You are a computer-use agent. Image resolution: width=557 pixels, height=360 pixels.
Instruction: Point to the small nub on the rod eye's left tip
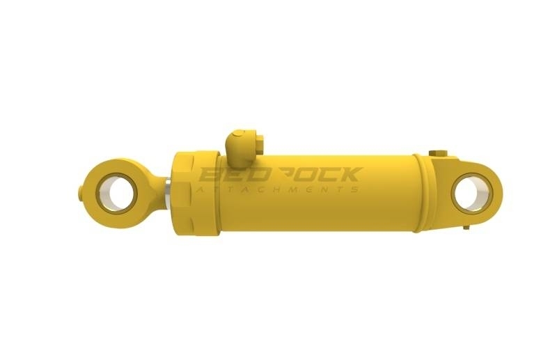[85, 187]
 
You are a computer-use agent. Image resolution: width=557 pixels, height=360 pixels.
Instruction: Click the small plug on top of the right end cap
[437, 152]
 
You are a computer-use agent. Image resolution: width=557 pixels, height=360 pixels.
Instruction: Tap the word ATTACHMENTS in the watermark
[278, 189]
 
